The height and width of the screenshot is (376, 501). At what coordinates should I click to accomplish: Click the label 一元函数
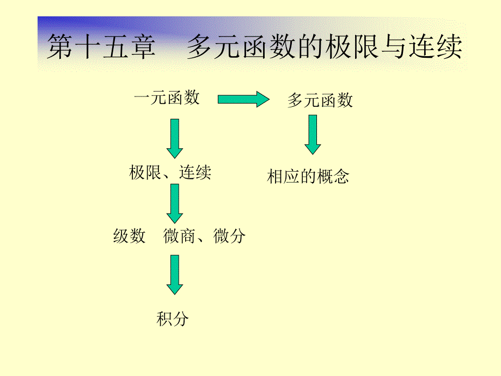167,98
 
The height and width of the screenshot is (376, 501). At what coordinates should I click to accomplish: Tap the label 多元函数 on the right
320,100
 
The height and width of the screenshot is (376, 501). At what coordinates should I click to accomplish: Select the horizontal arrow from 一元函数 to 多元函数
243,99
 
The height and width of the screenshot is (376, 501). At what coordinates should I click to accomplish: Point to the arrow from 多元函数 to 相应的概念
313,134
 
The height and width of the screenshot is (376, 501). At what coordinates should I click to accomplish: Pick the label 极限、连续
170,173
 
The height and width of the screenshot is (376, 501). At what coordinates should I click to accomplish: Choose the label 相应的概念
308,177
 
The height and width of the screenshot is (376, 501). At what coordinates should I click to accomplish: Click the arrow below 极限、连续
175,203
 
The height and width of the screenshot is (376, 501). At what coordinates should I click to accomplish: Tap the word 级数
130,236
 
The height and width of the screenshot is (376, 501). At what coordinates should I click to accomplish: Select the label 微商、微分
204,236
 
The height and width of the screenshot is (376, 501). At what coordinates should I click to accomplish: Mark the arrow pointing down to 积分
175,275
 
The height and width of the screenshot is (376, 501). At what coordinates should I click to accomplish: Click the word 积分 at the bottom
173,319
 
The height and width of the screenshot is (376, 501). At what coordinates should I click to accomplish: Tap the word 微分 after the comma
230,236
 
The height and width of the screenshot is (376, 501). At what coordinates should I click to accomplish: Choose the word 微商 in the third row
179,236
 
